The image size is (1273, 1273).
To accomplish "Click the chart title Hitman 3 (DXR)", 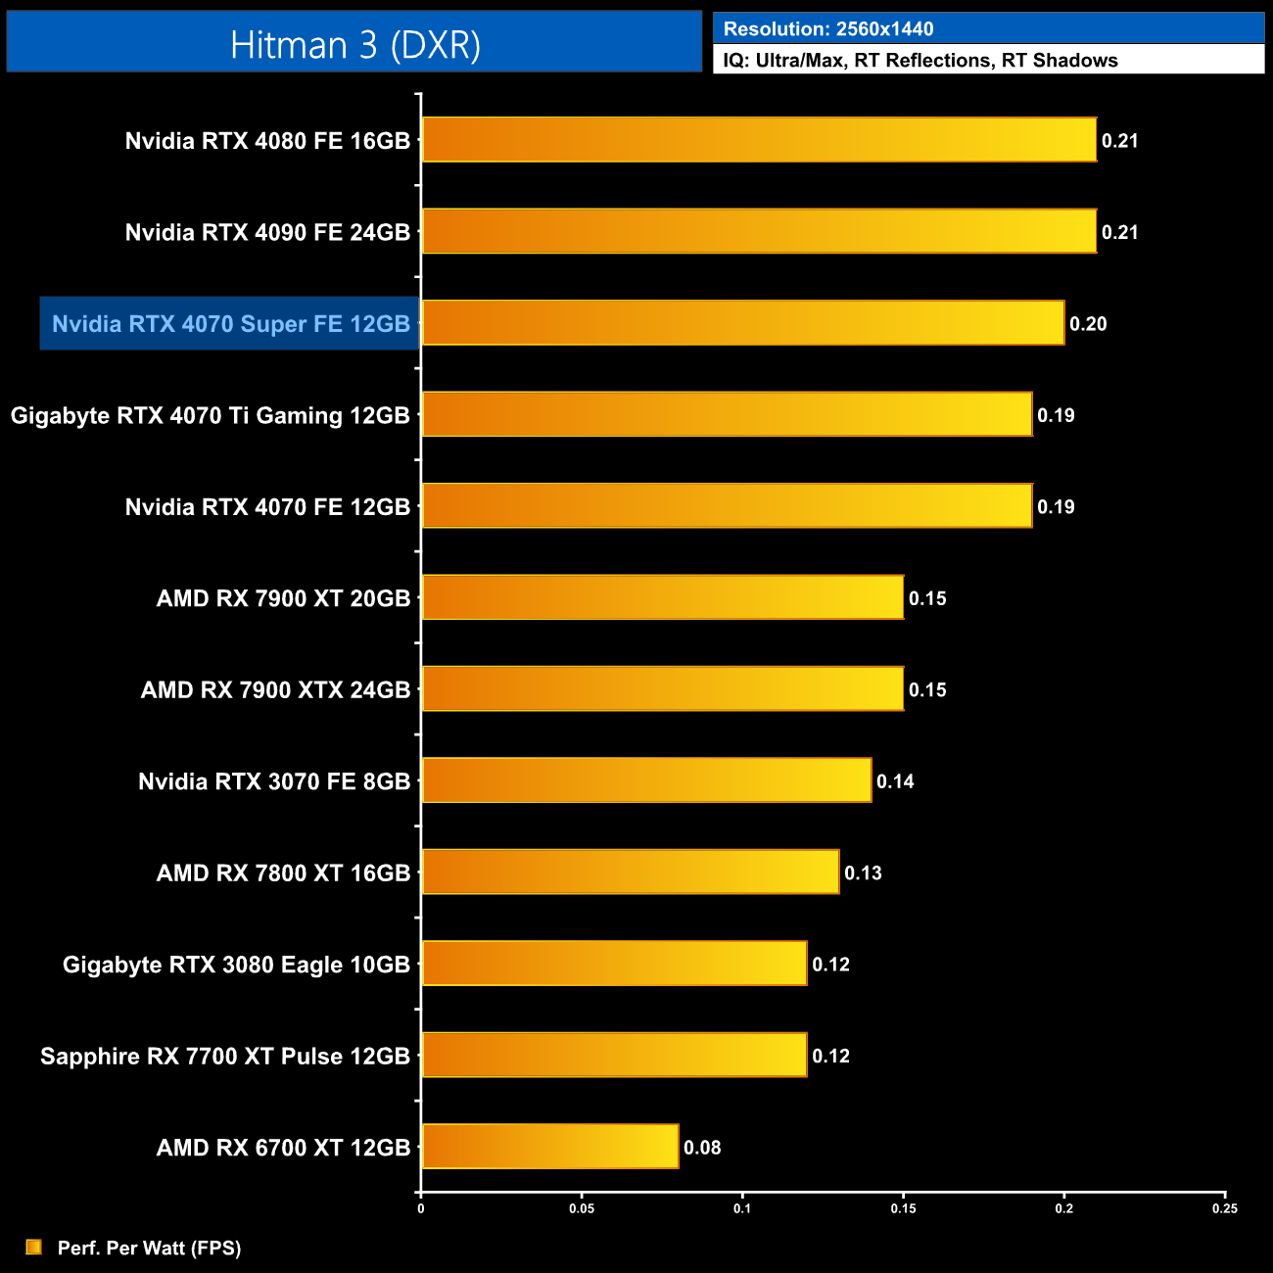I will click(354, 45).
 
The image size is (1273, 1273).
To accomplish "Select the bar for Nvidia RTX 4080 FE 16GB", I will click(759, 140).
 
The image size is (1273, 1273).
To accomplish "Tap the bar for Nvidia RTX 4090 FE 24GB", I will click(759, 231).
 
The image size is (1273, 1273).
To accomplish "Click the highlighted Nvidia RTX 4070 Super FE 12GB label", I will click(230, 324).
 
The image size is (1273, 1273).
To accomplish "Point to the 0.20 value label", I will click(1088, 324).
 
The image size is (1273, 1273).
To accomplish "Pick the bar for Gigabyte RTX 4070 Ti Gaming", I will click(727, 414).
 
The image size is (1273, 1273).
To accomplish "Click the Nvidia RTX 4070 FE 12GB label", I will click(267, 507).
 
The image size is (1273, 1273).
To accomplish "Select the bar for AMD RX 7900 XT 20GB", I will click(662, 597).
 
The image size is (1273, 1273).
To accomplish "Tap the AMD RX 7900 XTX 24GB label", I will click(275, 690).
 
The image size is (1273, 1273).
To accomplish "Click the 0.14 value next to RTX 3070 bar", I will click(895, 781).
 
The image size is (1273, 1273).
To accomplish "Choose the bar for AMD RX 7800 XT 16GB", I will click(631, 872).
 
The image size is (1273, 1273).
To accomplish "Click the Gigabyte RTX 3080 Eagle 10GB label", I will click(236, 965).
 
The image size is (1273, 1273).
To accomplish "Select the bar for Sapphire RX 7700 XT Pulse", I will click(614, 1055).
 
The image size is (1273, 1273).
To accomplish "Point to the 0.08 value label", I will click(702, 1148).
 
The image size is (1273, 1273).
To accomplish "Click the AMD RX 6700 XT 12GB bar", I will click(550, 1147).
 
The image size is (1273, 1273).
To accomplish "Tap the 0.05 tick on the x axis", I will click(582, 1208).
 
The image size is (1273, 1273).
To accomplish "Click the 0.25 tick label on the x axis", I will click(1224, 1208).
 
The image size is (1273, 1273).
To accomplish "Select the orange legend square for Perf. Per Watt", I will click(33, 1247).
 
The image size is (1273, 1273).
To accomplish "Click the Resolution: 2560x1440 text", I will click(828, 29).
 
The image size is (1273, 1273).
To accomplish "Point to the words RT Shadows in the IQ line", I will click(1060, 61).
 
